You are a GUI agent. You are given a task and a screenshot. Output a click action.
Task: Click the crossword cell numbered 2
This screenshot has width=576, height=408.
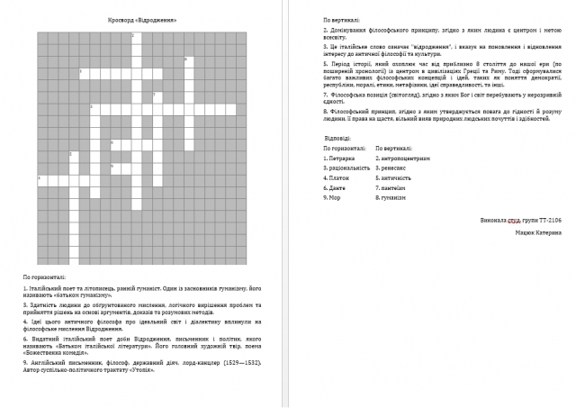[x=133, y=37]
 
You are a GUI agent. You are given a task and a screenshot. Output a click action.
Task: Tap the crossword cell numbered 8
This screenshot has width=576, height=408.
[x=184, y=60]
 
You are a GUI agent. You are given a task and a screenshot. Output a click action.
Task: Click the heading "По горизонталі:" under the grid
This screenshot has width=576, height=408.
[x=44, y=277]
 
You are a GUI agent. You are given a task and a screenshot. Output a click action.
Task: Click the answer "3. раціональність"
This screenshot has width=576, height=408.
[x=346, y=168]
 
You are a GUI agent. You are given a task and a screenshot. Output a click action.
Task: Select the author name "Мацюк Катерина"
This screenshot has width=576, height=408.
[x=539, y=232]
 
